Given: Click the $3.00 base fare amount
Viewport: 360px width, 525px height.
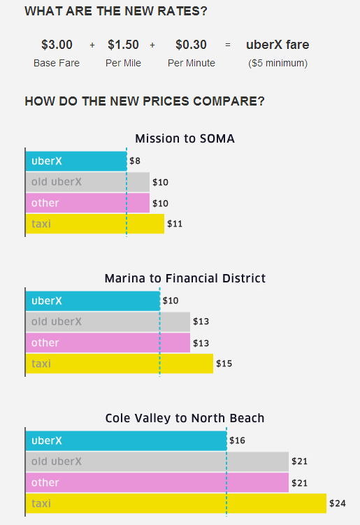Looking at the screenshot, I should point(57,45).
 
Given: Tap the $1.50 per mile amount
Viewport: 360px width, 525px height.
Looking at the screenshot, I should point(124,45).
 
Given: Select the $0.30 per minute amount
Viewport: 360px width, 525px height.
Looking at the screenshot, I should point(191,45).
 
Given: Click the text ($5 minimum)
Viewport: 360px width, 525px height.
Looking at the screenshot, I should point(278,63).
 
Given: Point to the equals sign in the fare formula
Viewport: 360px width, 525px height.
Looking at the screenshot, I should point(227,45).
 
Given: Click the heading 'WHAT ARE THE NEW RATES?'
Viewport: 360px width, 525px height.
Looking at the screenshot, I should point(115,11).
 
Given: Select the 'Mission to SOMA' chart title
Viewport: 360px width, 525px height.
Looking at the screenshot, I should point(185,138).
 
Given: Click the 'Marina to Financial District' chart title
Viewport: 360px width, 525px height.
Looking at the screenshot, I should point(185,278).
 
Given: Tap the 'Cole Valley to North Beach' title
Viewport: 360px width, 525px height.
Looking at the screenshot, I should point(185,418).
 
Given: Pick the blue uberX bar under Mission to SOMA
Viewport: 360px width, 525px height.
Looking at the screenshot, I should point(76,161).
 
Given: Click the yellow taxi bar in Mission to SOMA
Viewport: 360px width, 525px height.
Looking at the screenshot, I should point(95,224).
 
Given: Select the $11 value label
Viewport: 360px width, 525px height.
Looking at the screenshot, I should point(174,224).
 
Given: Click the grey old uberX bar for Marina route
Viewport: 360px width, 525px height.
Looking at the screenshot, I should point(108,322).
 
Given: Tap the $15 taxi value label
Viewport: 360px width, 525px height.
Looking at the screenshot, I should point(223,364).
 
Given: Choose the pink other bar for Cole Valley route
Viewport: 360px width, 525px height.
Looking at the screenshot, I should point(157,482).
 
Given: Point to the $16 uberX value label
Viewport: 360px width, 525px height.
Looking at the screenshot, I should point(237,441).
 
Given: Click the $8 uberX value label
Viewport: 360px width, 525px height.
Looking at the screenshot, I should point(135,161).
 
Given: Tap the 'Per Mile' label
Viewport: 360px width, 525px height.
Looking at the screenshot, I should point(124,63).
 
